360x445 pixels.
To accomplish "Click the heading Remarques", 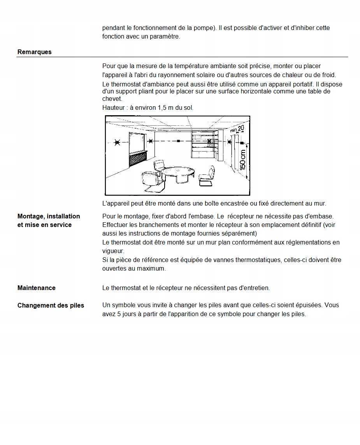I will click(x=34, y=52).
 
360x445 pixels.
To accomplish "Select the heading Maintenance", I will click(x=36, y=288).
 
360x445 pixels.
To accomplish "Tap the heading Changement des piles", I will click(x=51, y=306).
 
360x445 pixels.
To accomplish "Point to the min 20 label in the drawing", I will click(x=237, y=129).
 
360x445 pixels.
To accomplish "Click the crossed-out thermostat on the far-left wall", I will click(x=117, y=142).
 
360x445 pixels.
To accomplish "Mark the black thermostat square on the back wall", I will click(x=178, y=141).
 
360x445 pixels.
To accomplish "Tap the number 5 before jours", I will click(x=119, y=314).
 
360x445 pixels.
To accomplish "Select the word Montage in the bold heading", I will click(x=31, y=216).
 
